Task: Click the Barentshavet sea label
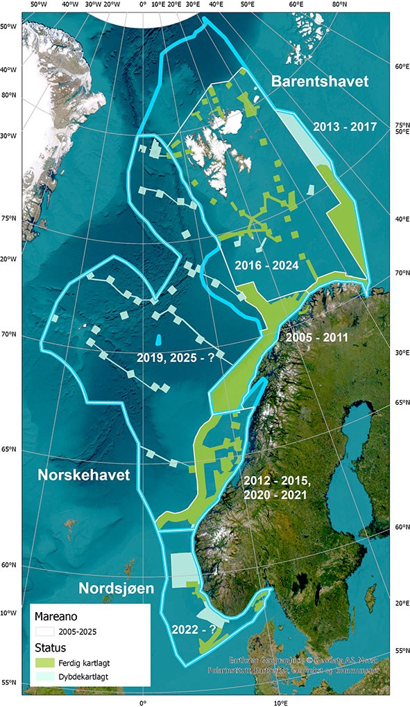pos(319,82)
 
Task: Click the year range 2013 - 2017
pos(344,128)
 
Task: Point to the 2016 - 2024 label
pos(266,265)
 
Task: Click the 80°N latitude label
pos(10,95)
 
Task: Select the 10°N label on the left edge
pos(8,613)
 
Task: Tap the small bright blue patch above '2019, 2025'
pos(159,340)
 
